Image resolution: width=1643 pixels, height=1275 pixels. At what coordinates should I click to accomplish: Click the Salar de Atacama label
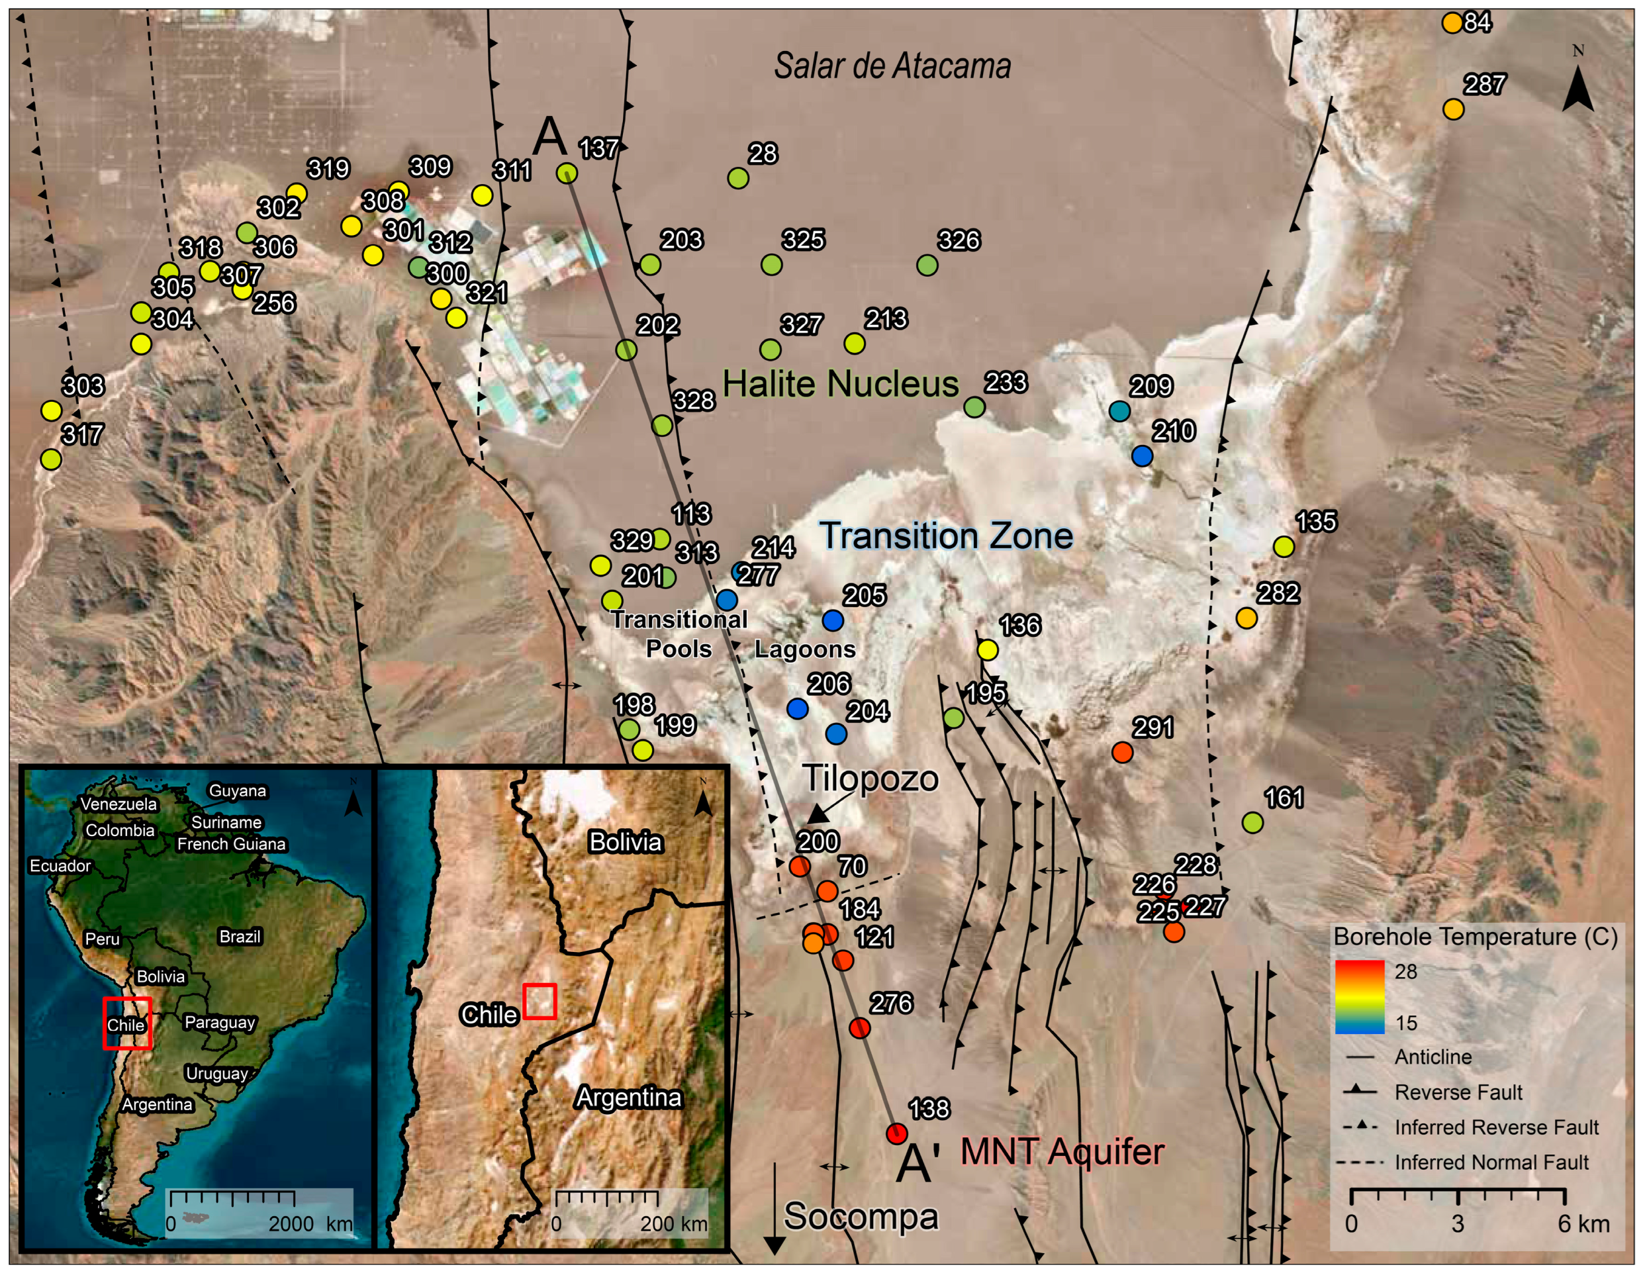(x=892, y=66)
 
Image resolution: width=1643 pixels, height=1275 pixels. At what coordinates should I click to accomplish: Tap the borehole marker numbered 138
(x=896, y=1133)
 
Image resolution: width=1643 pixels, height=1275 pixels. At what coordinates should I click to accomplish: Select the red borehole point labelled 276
(x=859, y=1027)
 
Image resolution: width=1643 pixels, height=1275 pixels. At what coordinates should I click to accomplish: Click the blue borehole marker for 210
(x=1142, y=456)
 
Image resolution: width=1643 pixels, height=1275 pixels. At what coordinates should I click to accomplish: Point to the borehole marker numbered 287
(x=1454, y=110)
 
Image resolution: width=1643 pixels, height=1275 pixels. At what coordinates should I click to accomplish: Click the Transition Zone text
(x=947, y=536)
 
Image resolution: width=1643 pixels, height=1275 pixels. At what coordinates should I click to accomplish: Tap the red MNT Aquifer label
(x=1062, y=1152)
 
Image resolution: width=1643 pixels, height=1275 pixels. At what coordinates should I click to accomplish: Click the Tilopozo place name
(x=871, y=779)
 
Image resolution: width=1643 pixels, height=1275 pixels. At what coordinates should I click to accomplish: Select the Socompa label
(x=861, y=1216)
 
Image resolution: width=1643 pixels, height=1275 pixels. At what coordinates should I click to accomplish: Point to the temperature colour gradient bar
(x=1360, y=997)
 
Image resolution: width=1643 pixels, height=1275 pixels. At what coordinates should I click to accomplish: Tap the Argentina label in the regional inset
(x=628, y=1098)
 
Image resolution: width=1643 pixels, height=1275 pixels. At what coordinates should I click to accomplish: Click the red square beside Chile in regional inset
(x=540, y=1001)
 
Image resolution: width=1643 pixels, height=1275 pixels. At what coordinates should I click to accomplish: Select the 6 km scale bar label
(x=1583, y=1224)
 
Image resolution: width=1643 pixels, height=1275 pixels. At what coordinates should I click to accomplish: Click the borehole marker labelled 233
(x=974, y=407)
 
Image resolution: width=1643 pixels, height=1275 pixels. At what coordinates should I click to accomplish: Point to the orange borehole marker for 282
(x=1246, y=618)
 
